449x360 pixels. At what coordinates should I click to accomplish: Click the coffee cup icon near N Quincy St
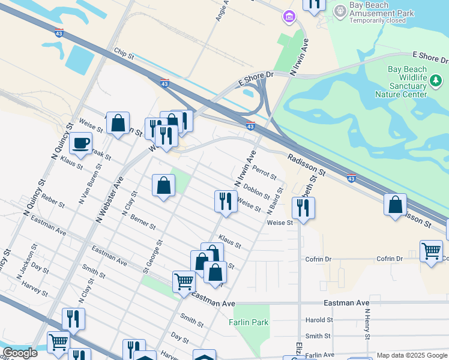81,143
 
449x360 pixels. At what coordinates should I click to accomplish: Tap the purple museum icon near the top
290,17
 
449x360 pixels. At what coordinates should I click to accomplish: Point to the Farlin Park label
249,322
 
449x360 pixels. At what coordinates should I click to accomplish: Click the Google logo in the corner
20,353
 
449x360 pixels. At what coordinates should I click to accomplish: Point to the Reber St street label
53,200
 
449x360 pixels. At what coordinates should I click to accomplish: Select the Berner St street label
143,223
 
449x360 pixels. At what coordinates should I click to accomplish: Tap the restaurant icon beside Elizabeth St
303,208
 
